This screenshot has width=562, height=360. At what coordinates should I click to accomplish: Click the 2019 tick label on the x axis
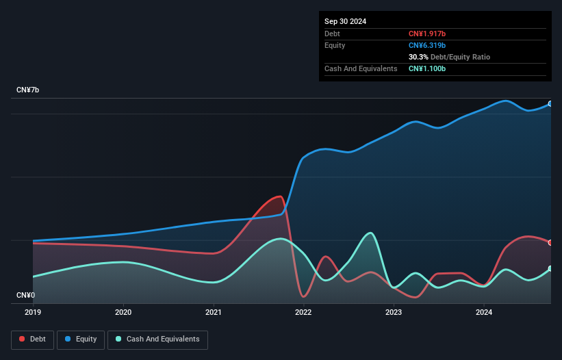[33, 313]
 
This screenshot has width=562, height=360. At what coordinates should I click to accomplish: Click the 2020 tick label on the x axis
[123, 313]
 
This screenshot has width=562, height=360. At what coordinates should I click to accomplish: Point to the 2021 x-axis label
[214, 313]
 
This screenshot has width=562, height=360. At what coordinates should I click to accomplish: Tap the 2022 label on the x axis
[303, 313]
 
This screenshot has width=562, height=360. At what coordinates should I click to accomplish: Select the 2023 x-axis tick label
[394, 313]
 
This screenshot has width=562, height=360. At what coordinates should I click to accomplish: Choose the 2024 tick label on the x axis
[484, 313]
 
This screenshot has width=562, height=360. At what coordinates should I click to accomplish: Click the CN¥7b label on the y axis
[28, 90]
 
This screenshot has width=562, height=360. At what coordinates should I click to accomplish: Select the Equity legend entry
[81, 339]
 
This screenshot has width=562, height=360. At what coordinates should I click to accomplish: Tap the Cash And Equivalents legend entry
[157, 339]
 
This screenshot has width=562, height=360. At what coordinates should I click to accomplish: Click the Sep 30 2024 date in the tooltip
[345, 21]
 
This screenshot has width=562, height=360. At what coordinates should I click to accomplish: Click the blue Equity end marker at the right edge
[550, 104]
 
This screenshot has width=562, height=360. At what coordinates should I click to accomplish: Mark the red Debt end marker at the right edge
[550, 242]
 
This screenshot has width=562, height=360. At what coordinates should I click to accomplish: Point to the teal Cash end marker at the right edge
[550, 268]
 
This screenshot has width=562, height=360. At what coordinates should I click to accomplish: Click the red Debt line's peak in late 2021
[279, 196]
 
